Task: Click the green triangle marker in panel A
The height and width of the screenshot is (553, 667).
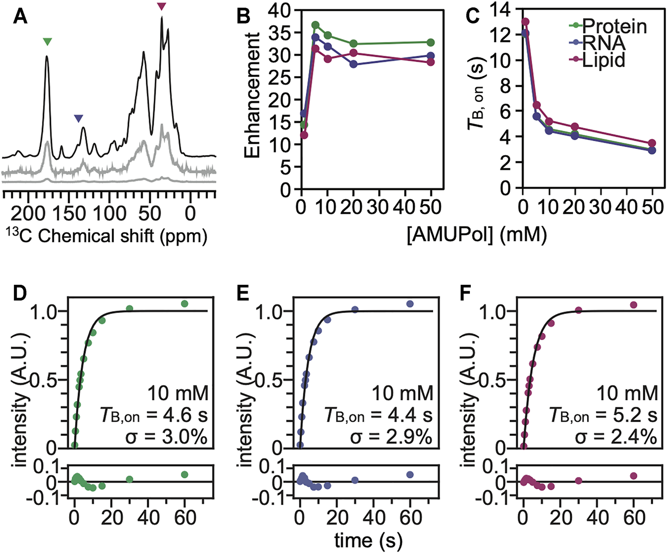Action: (47, 42)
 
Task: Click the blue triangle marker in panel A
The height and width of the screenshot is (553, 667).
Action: (79, 118)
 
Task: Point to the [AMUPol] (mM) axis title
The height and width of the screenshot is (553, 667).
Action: (476, 235)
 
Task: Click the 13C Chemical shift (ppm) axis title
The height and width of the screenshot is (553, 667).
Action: (106, 236)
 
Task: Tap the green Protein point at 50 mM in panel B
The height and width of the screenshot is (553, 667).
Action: (431, 42)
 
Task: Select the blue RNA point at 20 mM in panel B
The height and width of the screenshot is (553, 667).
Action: (354, 64)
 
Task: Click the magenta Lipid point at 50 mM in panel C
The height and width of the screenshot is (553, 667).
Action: (652, 143)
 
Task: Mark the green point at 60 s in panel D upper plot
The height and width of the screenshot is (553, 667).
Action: (184, 304)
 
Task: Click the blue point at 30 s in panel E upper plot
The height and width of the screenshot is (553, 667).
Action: (355, 310)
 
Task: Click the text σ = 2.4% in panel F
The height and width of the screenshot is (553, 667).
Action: (627, 437)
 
